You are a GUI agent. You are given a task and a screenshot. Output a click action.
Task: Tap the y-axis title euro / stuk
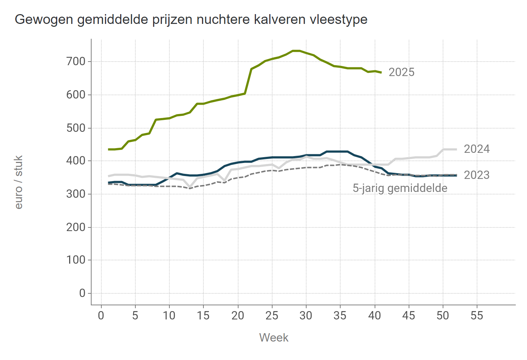19,182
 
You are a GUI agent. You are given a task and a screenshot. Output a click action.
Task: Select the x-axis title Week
274,338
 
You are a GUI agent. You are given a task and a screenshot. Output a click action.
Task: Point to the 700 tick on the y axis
76,62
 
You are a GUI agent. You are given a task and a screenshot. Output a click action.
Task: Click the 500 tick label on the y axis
76,128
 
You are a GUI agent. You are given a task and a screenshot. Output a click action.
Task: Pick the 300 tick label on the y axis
76,194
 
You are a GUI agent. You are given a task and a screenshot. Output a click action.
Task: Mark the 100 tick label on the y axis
76,260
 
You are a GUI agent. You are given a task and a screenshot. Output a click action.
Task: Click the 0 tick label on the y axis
82,293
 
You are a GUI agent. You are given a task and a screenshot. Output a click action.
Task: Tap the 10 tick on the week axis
169,316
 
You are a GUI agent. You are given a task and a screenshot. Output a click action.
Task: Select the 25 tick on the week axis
272,316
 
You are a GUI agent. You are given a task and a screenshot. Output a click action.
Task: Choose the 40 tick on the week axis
375,316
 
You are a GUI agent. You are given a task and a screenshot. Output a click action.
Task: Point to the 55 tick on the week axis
477,316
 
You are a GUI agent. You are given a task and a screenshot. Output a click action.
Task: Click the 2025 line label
401,72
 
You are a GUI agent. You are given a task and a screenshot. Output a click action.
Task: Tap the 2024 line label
477,149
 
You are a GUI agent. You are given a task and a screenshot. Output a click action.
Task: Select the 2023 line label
477,175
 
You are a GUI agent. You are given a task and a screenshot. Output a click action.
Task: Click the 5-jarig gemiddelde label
400,188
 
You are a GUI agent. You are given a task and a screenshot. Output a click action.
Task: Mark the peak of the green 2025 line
296,51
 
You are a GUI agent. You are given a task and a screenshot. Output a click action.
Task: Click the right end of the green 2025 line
381,72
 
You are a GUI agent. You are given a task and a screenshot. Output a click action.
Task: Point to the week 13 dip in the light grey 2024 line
190,187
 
